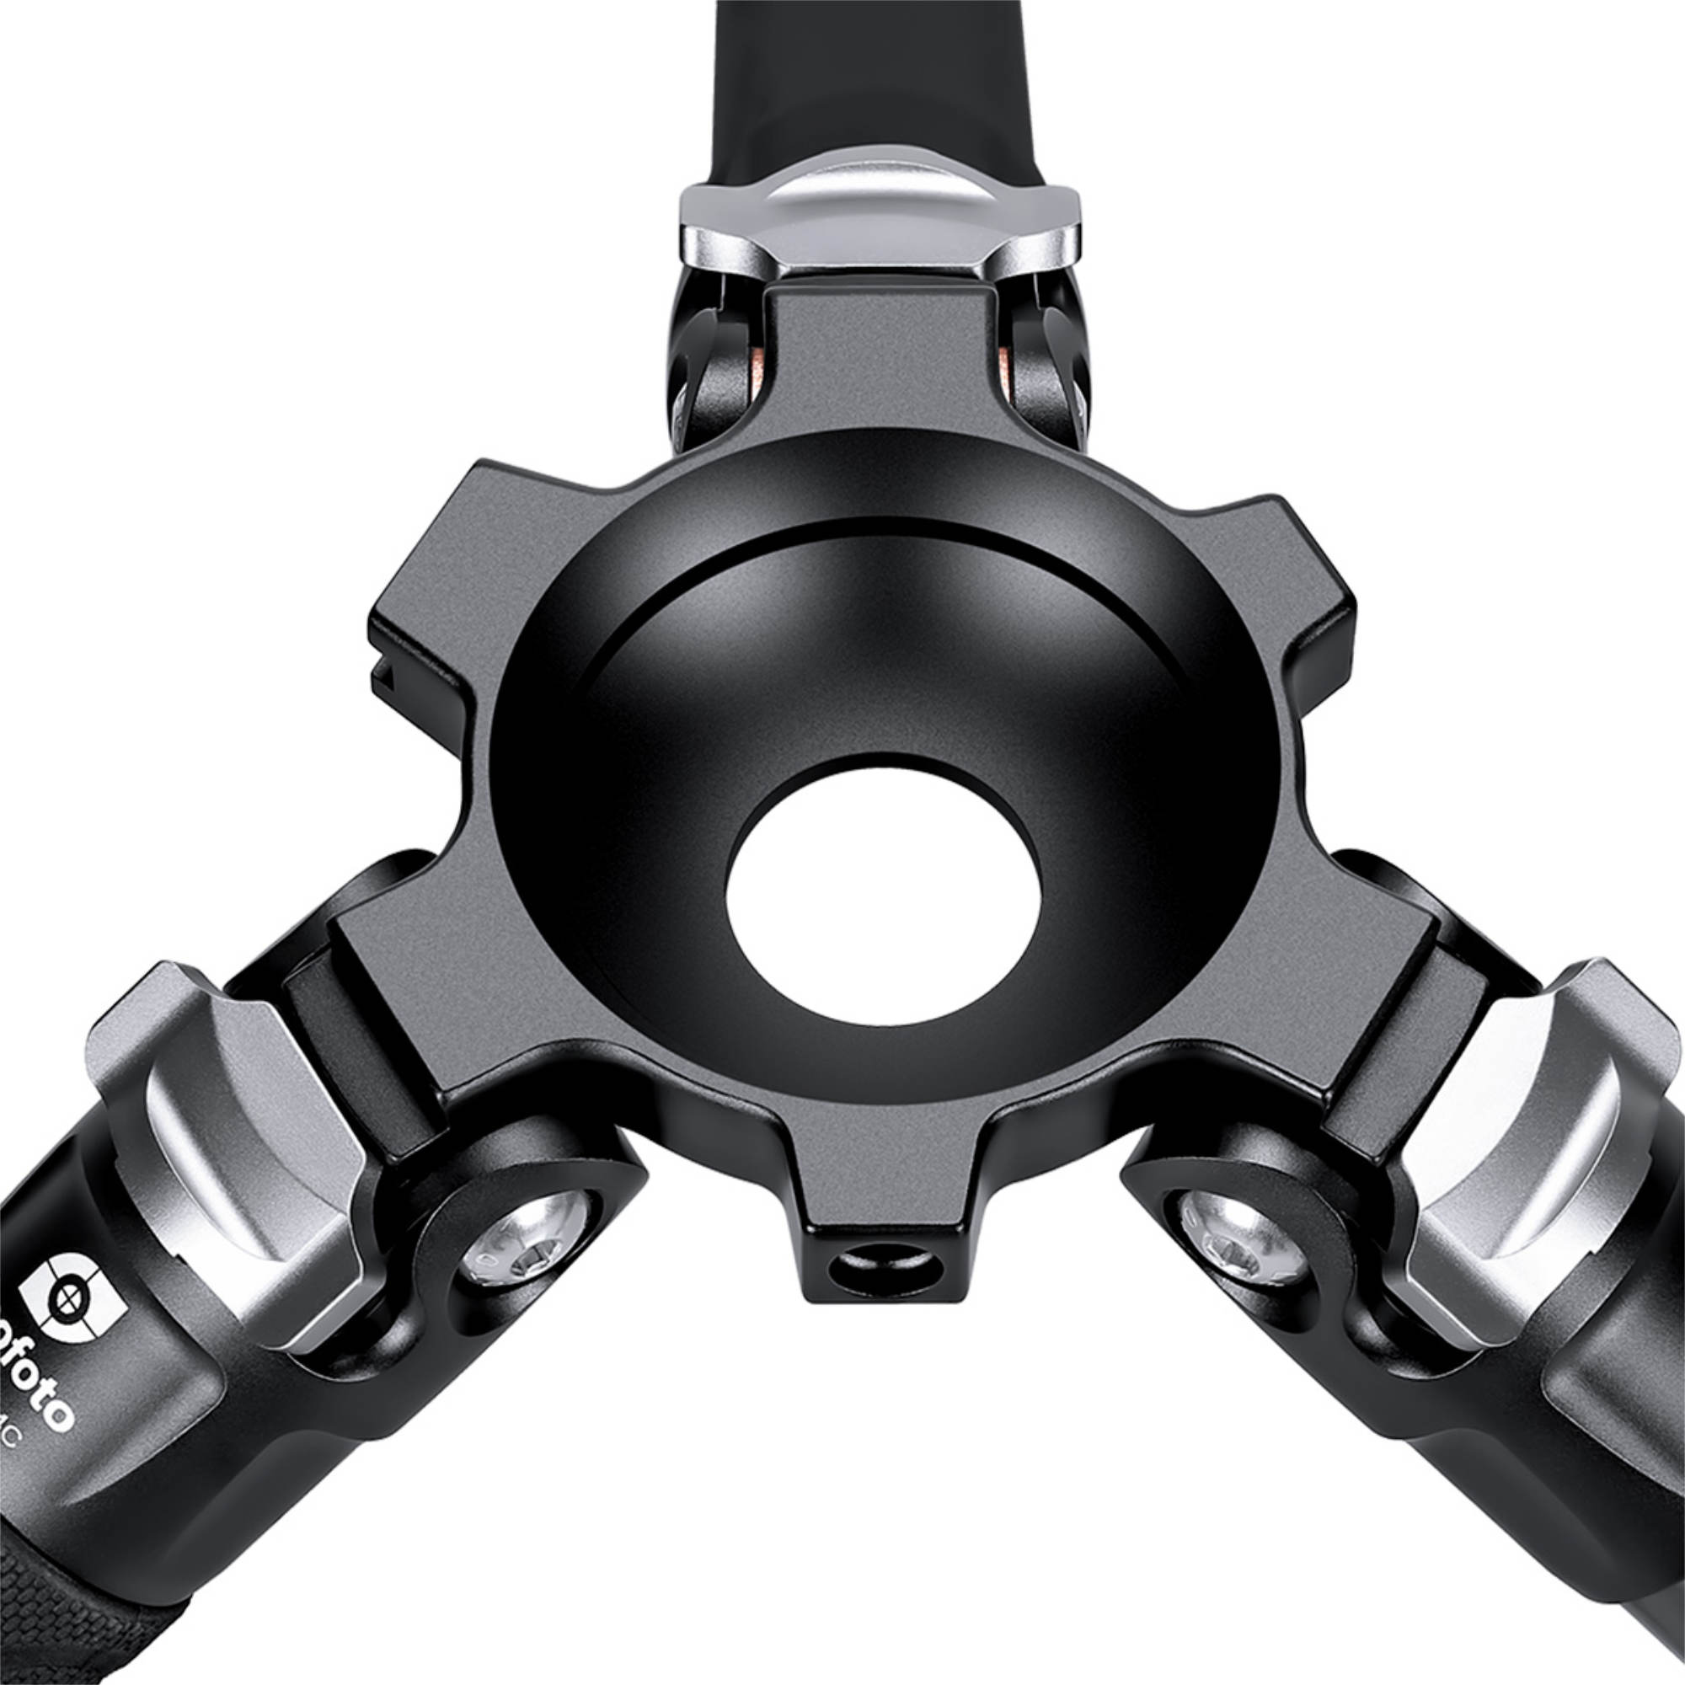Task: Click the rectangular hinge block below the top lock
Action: coord(881,366)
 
